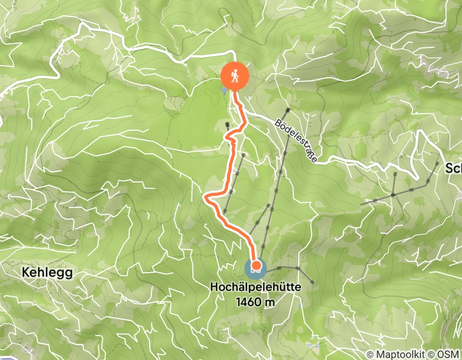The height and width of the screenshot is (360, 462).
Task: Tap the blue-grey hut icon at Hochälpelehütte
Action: click(256, 267)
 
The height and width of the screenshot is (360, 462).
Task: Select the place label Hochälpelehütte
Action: click(256, 290)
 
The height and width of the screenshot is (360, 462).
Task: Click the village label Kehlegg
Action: click(47, 273)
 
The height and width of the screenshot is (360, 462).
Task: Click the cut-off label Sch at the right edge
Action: click(453, 169)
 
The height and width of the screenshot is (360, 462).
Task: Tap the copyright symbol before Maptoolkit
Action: click(371, 355)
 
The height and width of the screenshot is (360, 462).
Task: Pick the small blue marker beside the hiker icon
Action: click(224, 91)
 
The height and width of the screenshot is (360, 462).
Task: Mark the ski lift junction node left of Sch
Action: click(393, 195)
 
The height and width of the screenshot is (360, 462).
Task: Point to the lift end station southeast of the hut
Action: click(313, 281)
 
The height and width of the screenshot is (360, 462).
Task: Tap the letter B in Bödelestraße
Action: click(277, 123)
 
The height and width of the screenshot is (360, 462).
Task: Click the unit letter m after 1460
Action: click(270, 302)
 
